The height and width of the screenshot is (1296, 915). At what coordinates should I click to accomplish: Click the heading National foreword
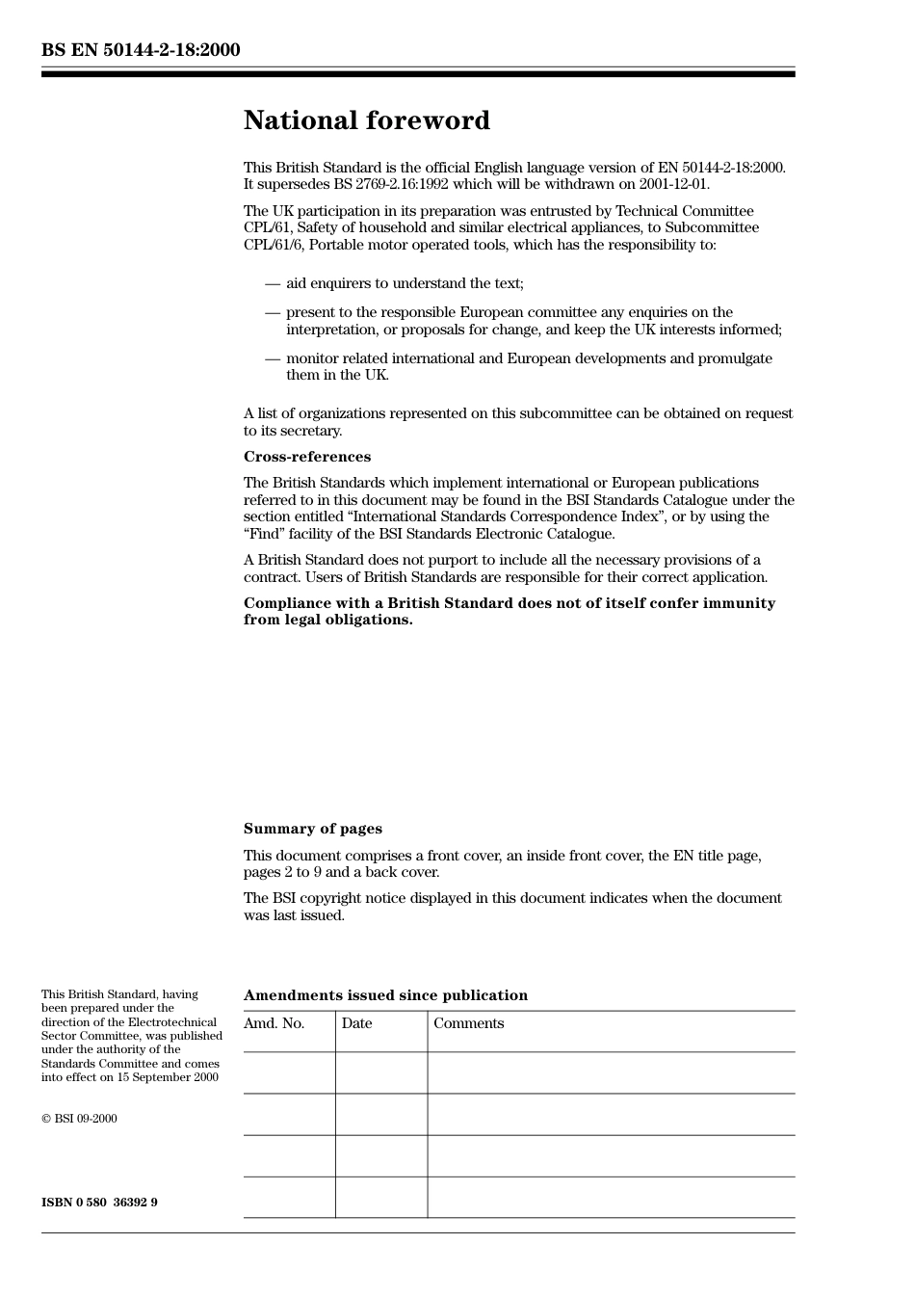point(366,120)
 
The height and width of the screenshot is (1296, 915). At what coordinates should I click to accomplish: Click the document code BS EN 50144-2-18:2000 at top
point(141,50)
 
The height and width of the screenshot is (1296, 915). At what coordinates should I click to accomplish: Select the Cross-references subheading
point(306,457)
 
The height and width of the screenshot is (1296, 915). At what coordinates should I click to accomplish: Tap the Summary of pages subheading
point(312,829)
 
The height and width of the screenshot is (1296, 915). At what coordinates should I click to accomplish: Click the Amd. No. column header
point(274,1023)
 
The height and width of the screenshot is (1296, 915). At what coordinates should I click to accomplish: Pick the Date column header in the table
point(356,1023)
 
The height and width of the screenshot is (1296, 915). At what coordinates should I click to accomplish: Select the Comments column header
point(468,1023)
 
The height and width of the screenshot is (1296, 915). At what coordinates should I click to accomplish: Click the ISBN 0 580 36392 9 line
point(99,1203)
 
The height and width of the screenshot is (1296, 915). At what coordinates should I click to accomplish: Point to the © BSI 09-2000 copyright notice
point(79,1119)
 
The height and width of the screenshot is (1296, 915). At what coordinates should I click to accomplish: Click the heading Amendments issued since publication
point(385,995)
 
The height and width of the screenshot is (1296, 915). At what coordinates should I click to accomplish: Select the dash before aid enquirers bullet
point(273,283)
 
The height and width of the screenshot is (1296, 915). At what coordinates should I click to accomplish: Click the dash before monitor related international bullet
point(273,358)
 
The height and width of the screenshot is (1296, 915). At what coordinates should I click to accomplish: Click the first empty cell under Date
point(380,1072)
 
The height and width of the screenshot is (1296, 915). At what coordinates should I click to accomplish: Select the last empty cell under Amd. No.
point(289,1197)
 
